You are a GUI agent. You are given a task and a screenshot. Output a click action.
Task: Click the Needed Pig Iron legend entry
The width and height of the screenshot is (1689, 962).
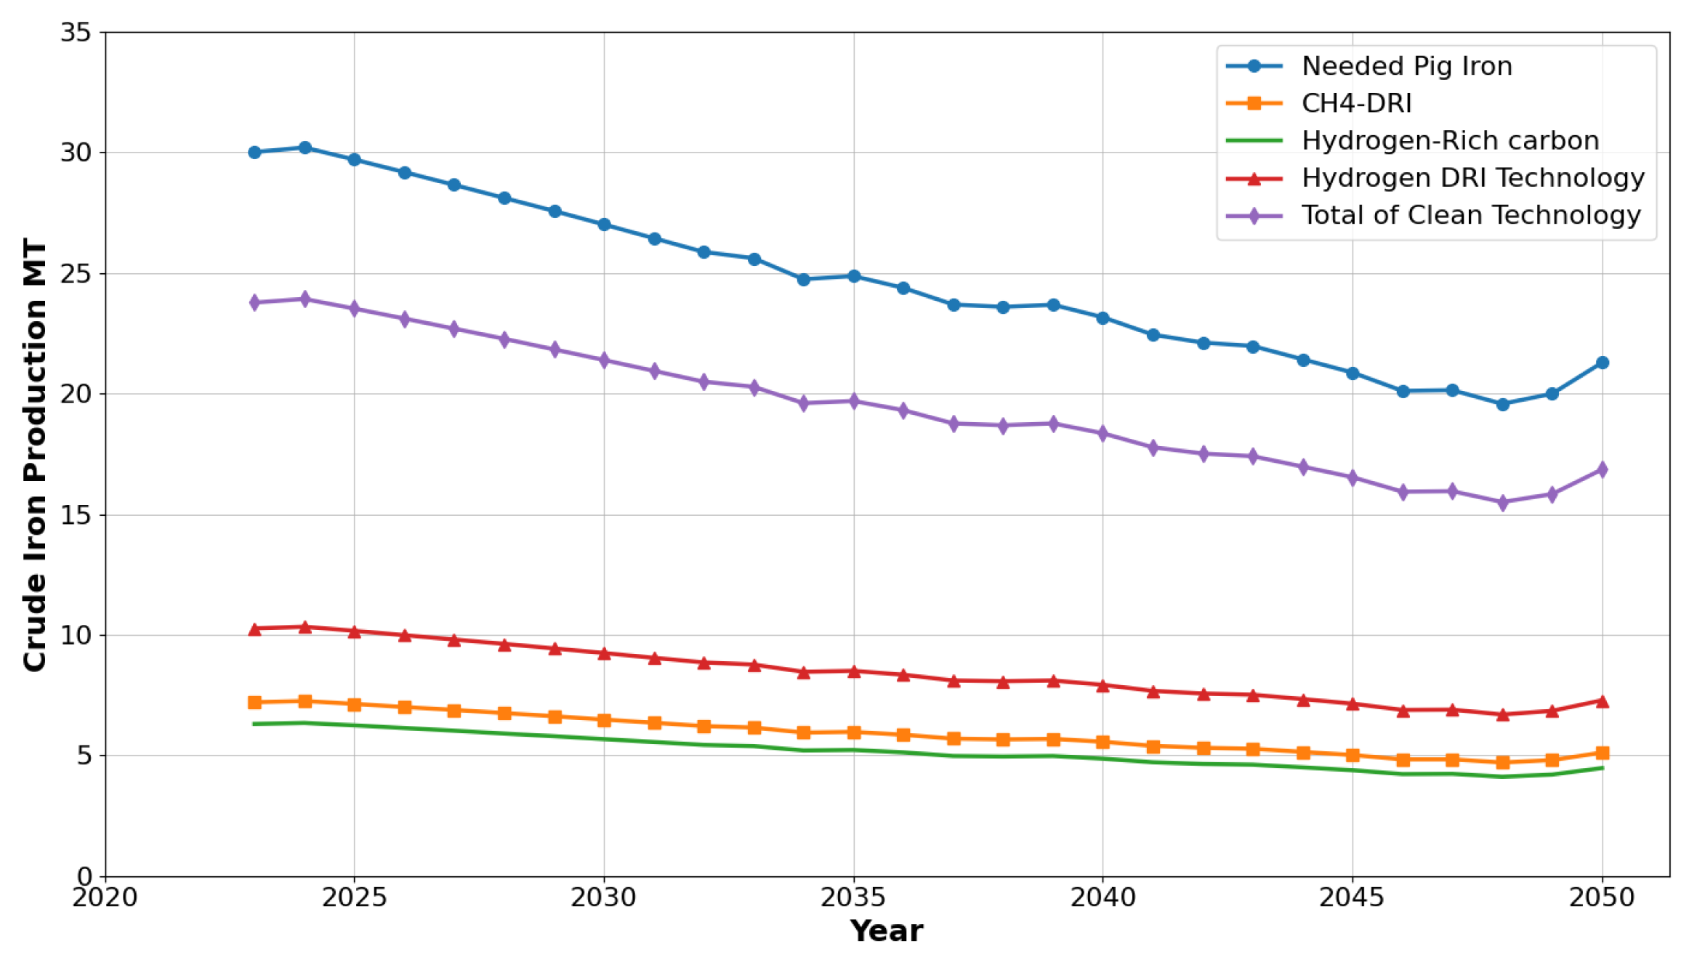1406,66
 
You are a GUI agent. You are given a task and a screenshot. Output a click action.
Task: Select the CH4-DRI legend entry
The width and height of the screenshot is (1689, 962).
1356,103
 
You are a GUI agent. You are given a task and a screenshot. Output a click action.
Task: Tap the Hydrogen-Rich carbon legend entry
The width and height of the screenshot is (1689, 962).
1450,140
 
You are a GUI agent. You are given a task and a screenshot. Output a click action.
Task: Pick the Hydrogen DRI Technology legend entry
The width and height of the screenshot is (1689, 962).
1472,177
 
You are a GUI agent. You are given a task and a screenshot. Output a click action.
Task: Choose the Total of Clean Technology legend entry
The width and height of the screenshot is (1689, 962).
1470,215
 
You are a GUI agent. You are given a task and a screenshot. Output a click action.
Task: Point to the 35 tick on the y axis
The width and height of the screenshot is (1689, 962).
76,33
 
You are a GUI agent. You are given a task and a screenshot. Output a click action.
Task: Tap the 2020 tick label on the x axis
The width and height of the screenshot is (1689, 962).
105,898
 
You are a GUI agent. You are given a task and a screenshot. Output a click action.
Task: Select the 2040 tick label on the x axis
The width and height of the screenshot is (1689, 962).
1103,898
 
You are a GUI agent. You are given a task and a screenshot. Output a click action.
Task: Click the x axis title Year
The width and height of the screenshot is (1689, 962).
886,931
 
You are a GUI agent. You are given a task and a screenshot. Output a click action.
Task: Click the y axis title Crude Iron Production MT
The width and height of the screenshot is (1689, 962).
35,455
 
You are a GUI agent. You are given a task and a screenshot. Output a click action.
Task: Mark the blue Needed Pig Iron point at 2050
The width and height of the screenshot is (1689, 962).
1602,363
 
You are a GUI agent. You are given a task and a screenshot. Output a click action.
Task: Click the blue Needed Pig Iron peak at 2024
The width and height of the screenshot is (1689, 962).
305,147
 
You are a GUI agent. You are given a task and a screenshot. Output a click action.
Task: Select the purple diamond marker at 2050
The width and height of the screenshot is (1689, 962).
1602,469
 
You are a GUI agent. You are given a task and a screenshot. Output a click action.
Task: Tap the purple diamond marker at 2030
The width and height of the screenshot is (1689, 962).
604,360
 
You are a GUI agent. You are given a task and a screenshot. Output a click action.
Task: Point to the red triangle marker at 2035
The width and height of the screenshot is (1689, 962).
854,671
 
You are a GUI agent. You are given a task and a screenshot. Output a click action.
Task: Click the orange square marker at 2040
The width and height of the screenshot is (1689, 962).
1103,742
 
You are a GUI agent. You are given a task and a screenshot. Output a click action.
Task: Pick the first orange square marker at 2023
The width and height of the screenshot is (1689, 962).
254,703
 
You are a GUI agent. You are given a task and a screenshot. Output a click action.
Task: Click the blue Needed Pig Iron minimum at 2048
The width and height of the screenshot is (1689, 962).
1502,404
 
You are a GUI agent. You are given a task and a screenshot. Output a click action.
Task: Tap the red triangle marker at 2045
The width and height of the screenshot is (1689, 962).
1353,704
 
